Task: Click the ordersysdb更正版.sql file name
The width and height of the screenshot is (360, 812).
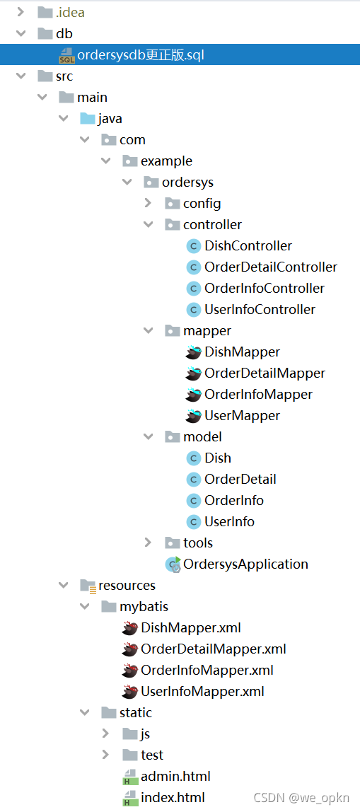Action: click(x=140, y=55)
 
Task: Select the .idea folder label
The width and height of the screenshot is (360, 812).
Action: click(x=70, y=13)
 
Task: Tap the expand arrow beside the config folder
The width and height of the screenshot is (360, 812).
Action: click(x=148, y=204)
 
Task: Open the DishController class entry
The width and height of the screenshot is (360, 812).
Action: click(x=248, y=246)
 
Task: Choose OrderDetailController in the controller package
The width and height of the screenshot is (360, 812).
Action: click(x=271, y=267)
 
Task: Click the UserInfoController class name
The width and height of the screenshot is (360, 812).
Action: click(x=260, y=310)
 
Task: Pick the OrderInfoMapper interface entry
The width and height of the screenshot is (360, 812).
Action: click(x=258, y=395)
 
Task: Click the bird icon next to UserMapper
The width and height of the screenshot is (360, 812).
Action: click(x=193, y=415)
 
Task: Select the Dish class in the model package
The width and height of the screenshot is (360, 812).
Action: click(x=218, y=458)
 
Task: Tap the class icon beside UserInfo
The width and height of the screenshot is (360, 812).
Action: click(x=193, y=521)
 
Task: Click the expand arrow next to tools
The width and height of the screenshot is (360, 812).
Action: click(x=148, y=543)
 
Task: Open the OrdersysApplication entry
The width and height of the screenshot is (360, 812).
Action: click(x=245, y=564)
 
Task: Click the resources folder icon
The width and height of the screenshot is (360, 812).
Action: click(x=88, y=586)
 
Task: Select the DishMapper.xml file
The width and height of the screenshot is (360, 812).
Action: click(x=191, y=628)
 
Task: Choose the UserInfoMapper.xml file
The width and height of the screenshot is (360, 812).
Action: click(x=202, y=691)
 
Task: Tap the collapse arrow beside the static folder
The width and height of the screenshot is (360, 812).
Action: click(x=84, y=712)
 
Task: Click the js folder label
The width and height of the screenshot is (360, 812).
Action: click(x=145, y=734)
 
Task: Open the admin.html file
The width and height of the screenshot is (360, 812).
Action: click(x=175, y=776)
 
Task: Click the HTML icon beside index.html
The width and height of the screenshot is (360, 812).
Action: click(x=129, y=798)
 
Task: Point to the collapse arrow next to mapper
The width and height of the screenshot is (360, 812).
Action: click(x=148, y=330)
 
